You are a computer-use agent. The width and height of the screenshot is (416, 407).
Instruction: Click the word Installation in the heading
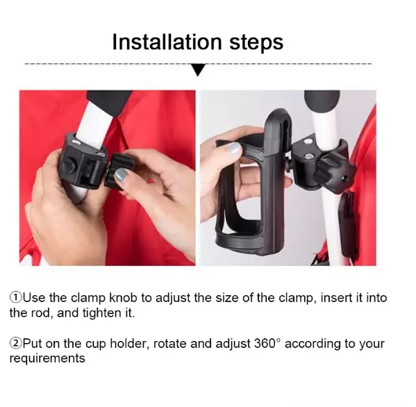167,42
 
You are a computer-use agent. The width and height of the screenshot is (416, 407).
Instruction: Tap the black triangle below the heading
198,69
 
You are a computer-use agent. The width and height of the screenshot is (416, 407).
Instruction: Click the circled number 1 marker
16,298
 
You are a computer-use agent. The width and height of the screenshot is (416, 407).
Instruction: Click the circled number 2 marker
16,343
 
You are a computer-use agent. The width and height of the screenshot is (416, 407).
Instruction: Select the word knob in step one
123,298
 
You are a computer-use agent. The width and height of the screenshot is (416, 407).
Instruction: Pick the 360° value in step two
267,343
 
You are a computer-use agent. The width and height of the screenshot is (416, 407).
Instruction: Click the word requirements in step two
47,358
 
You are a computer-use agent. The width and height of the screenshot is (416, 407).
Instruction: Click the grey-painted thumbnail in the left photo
122,176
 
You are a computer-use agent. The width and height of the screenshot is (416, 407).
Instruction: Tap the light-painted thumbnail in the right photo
234,150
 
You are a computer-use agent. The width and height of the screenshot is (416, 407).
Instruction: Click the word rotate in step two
169,344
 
